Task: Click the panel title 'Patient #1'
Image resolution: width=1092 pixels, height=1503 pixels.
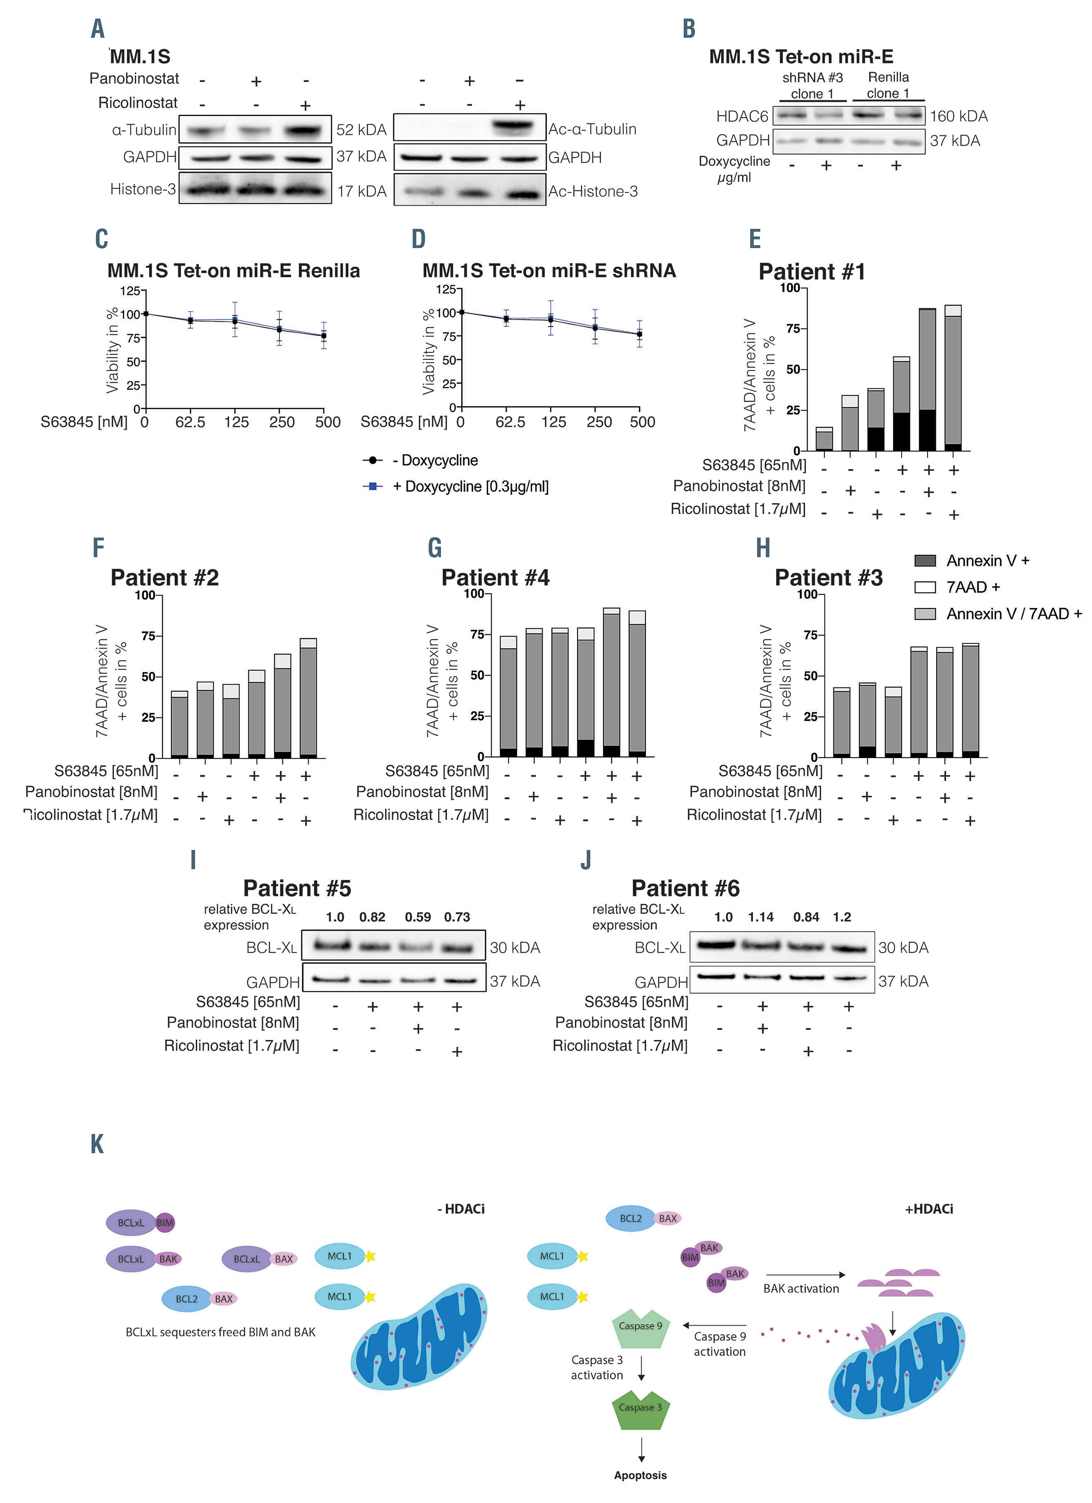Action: tap(812, 272)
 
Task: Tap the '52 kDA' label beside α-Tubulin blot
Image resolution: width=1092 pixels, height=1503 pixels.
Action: tap(361, 130)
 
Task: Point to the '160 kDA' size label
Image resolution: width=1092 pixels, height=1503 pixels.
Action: tap(958, 117)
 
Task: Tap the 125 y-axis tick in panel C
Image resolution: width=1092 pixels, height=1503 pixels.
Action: tap(130, 291)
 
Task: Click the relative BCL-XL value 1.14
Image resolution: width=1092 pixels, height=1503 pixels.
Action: tap(761, 917)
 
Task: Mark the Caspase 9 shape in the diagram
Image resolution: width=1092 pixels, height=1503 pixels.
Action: tap(640, 1328)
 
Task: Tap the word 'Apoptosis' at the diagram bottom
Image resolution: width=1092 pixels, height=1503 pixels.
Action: tap(640, 1475)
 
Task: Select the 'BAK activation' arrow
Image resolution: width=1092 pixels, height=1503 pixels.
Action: tap(805, 1275)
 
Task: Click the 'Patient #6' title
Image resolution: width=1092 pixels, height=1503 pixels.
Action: tap(685, 888)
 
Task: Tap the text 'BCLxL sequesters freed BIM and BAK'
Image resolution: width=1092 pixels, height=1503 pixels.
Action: tap(221, 1332)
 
